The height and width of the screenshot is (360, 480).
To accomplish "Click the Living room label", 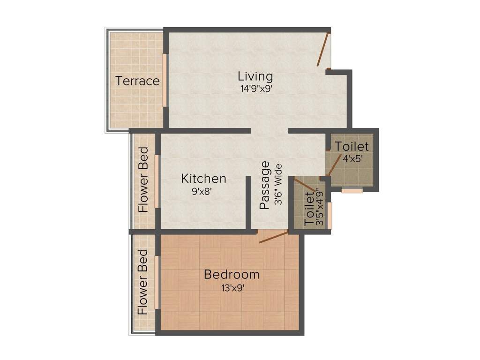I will [x=255, y=76].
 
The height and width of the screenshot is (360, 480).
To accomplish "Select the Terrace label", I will [x=138, y=81].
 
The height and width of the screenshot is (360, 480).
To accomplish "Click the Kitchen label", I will [x=204, y=179].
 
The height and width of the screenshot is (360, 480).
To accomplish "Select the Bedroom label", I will [x=232, y=275].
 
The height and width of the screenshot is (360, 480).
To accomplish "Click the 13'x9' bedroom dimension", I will [x=232, y=288].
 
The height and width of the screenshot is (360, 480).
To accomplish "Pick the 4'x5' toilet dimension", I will [x=352, y=159].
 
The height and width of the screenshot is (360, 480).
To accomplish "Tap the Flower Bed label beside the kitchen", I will [x=143, y=180].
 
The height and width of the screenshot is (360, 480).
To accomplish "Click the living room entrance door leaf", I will [x=323, y=50].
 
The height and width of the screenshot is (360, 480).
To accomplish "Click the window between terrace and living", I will [x=165, y=80].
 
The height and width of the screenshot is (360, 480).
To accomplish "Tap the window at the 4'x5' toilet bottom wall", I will [x=352, y=191].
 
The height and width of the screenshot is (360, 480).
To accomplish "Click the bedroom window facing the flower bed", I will [x=158, y=282].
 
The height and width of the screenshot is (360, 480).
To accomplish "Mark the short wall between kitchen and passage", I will [x=248, y=202].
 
